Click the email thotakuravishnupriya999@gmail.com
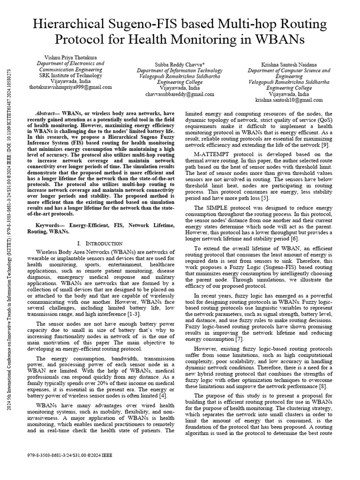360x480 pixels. pos(71,87)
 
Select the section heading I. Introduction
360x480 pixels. pos(99,244)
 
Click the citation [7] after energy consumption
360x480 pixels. pos(240,338)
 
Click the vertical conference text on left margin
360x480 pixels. pos(10,234)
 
